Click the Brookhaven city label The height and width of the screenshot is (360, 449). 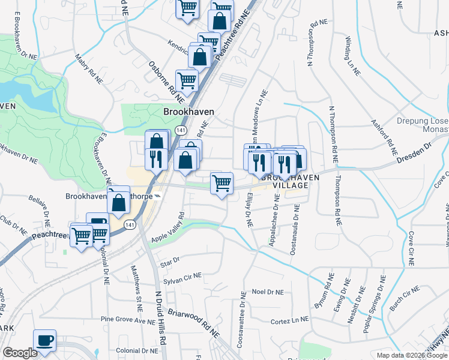click(188, 112)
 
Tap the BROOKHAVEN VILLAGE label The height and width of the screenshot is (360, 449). click(284, 182)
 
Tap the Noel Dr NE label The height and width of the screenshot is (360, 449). click(267, 292)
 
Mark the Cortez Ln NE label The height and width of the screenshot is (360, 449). click(290, 321)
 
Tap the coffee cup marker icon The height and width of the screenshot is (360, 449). click(44, 341)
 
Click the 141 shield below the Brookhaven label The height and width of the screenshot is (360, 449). click(180, 130)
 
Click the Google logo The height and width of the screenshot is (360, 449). click(20, 353)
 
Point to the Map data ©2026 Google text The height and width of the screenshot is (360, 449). click(412, 355)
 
